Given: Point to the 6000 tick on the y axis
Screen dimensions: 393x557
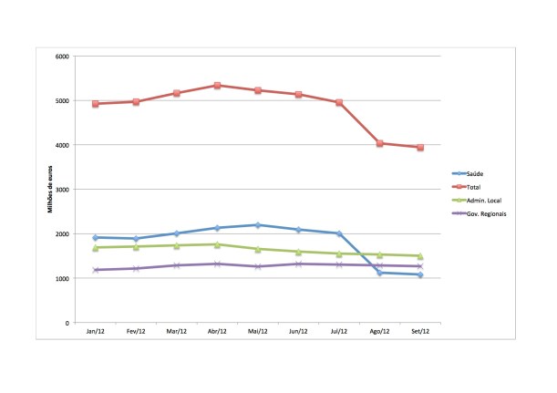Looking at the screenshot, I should (63, 57).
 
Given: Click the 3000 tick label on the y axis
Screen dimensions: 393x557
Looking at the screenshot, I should (63, 190).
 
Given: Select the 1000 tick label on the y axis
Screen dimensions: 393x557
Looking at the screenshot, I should (63, 279).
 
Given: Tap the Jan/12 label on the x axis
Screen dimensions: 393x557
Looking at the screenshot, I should (95, 334).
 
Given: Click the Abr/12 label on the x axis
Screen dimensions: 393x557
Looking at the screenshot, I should (217, 334).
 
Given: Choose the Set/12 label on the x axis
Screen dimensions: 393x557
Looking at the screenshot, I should (420, 334).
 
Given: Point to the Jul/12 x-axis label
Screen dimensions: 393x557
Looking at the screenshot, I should (339, 334).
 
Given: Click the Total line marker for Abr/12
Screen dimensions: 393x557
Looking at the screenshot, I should (217, 86).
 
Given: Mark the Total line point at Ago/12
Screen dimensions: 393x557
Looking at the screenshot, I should (380, 143).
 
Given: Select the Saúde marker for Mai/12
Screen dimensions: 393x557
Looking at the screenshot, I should (258, 225).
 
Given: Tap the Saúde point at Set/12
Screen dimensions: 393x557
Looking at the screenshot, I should (420, 274).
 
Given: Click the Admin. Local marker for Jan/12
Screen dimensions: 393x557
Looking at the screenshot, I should (95, 247).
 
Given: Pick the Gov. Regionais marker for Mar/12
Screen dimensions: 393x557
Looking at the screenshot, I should (176, 265).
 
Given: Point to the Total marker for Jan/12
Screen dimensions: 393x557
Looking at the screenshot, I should (95, 104).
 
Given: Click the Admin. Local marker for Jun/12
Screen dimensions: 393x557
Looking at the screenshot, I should (298, 252).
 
